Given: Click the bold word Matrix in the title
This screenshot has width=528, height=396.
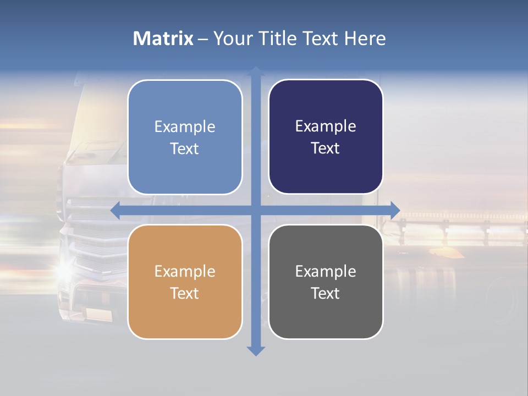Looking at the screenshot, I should tap(163, 38).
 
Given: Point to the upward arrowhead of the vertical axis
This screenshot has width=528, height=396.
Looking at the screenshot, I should tap(256, 71).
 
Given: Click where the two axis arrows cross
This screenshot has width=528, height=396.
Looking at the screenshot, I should tap(256, 210).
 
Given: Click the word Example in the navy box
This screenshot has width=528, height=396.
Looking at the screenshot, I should tap(326, 127).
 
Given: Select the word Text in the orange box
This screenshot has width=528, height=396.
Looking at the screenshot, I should tap(185, 293).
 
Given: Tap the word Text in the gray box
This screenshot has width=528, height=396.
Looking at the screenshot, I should tap(326, 293).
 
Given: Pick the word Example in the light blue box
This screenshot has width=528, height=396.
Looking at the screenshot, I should tap(185, 127).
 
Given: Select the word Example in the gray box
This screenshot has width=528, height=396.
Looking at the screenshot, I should tap(326, 271).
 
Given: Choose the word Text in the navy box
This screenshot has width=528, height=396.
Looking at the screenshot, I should tap(326, 148).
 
